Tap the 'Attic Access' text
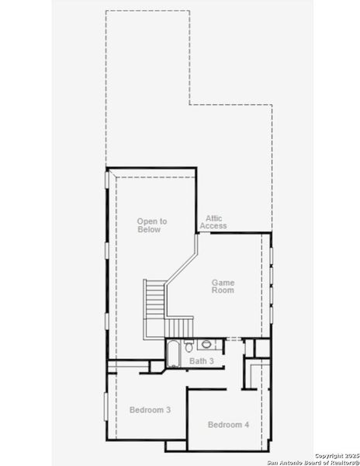213,222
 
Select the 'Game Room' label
223,287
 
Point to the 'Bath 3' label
202,361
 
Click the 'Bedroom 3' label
150,409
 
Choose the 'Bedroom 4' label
228,424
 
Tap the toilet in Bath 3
191,345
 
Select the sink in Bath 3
206,345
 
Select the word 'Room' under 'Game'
223,290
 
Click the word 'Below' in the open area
149,230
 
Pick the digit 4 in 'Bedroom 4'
247,424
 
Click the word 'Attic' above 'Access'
213,218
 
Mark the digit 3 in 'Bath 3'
211,361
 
